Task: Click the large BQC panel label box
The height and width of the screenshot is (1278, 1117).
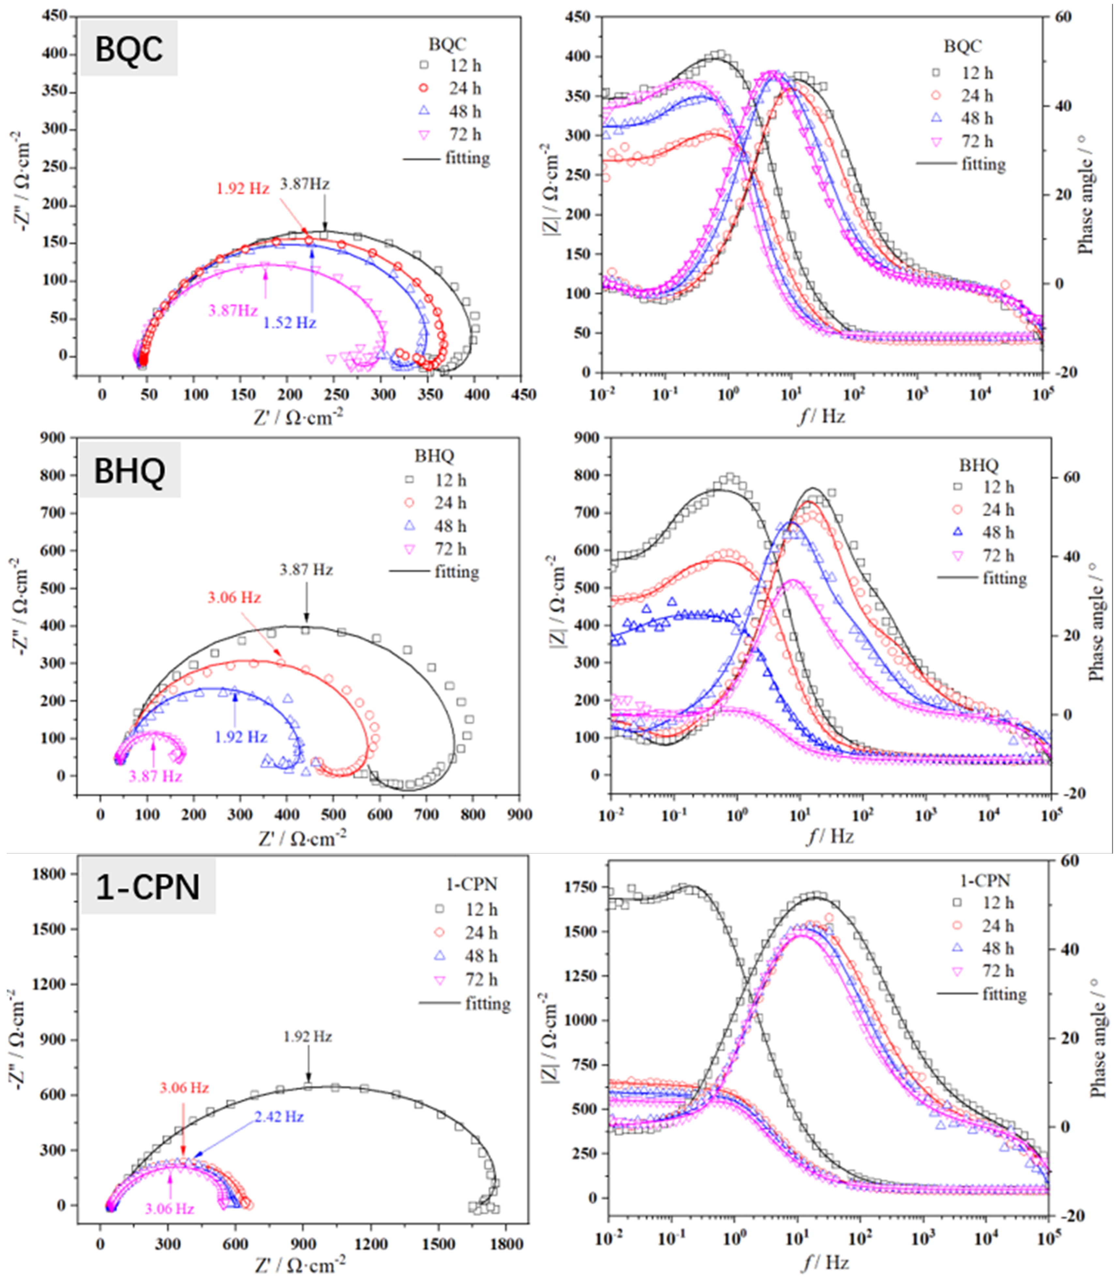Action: pos(129,49)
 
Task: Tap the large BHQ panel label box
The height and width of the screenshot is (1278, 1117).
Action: pos(130,470)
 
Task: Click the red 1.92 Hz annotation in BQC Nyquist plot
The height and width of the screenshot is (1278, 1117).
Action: pos(242,188)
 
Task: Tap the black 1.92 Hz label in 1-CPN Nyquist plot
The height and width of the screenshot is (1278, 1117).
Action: pos(308,1037)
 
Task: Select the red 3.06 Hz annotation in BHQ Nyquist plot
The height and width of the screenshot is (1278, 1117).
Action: pos(234,597)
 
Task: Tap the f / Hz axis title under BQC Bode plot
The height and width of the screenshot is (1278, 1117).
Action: pos(822,416)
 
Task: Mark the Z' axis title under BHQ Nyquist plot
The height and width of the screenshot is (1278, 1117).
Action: pos(302,839)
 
